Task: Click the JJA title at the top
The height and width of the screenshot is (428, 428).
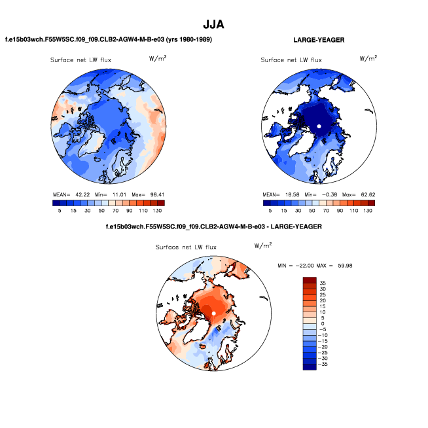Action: coord(214,25)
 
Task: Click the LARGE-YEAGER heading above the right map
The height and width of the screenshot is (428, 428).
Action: coord(319,41)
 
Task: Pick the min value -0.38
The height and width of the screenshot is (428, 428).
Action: coord(327,194)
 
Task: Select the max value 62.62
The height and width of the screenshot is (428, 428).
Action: coord(365,194)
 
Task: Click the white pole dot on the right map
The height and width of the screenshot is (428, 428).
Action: coord(319,126)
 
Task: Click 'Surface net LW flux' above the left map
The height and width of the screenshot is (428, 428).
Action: coord(81,60)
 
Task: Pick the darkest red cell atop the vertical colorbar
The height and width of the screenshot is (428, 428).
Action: coord(309,280)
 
